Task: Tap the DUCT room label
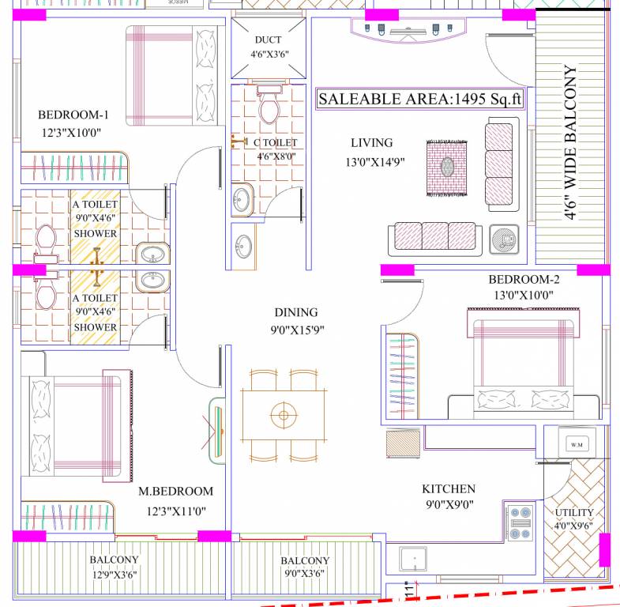[268, 40]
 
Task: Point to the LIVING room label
[371, 143]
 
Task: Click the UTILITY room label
[574, 513]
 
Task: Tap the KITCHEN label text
[448, 489]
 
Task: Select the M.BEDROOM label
[175, 492]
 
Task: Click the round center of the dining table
[283, 413]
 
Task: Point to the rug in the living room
[448, 168]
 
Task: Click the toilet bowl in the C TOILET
[268, 108]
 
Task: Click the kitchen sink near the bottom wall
[413, 561]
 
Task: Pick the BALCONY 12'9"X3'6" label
[114, 566]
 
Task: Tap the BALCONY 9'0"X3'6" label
[305, 567]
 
